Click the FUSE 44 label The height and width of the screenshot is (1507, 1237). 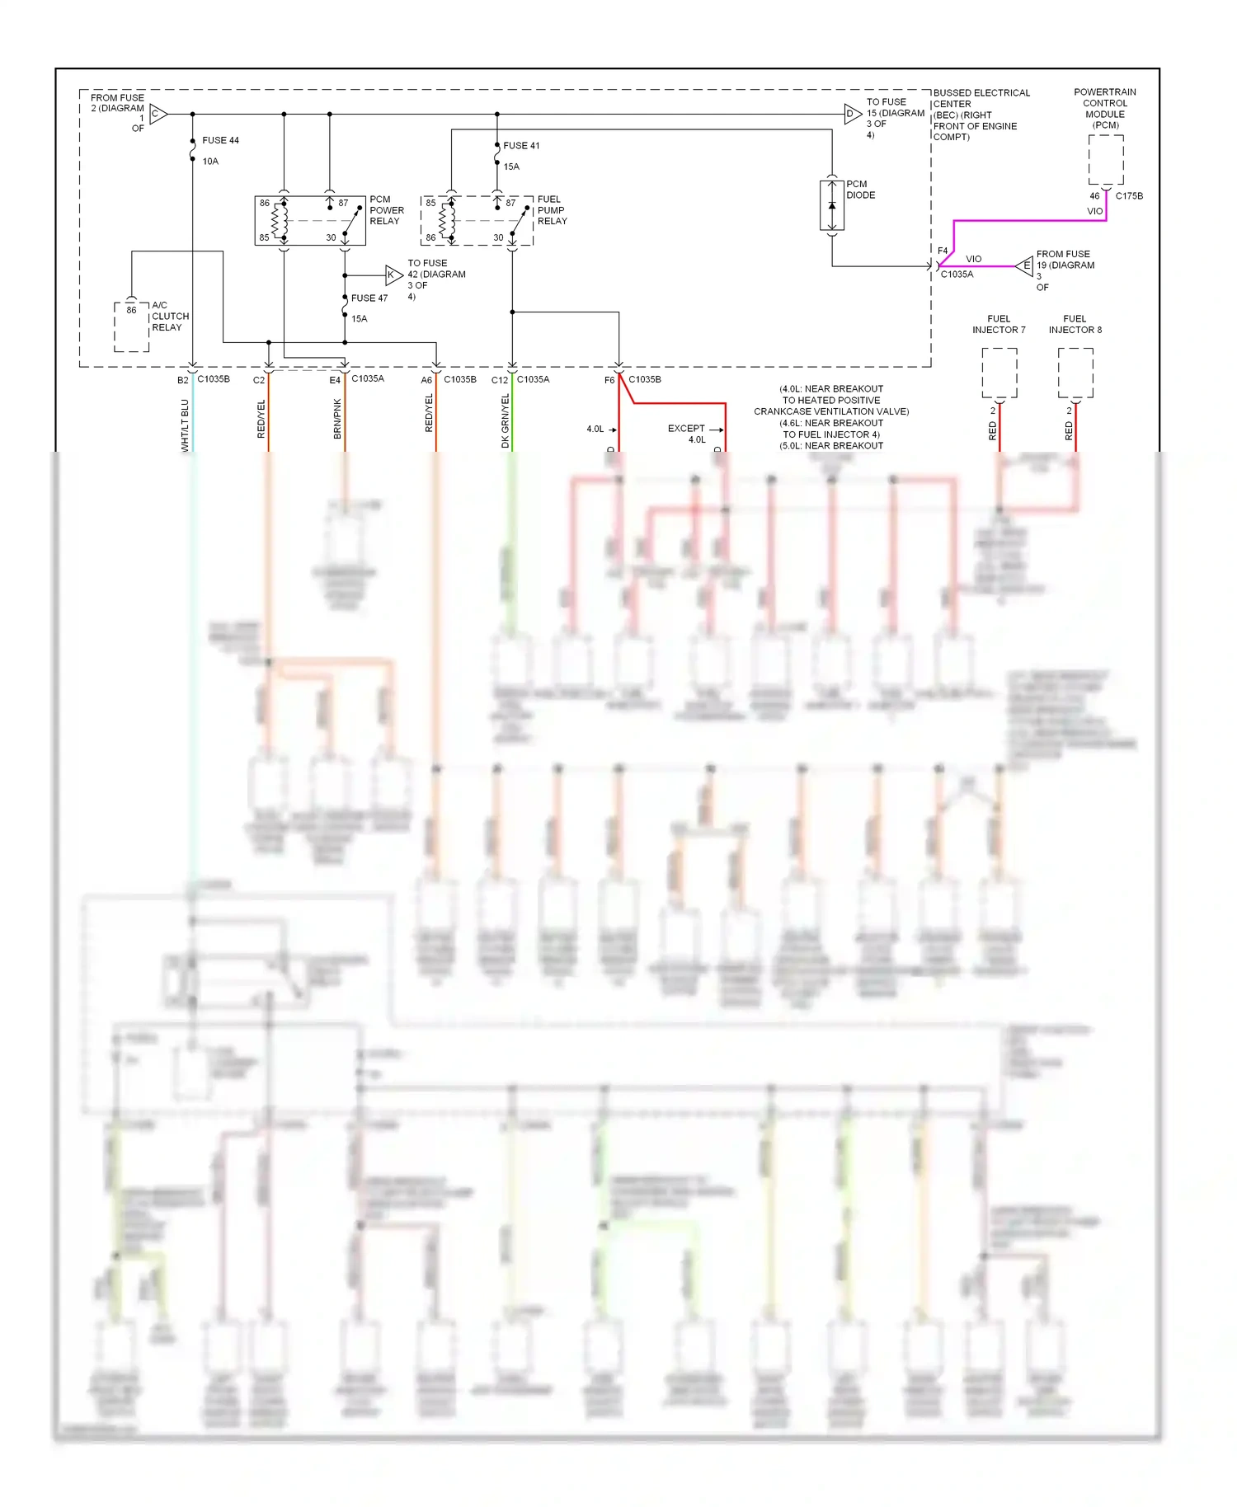click(x=220, y=140)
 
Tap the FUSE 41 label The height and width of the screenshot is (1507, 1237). click(x=521, y=146)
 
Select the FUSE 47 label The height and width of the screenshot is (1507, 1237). click(x=369, y=298)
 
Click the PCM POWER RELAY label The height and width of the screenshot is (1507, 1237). click(x=386, y=210)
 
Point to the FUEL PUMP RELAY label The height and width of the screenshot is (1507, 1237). click(x=552, y=210)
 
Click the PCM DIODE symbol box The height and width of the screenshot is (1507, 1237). click(x=831, y=205)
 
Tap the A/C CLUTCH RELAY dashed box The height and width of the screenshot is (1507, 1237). click(x=131, y=327)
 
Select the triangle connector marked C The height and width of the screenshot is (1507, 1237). click(x=158, y=114)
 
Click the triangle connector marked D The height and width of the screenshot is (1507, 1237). click(x=852, y=114)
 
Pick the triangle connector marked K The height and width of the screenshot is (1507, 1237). click(x=393, y=275)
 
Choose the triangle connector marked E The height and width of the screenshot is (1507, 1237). click(x=1024, y=265)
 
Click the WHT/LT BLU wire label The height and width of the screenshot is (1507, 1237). click(x=185, y=425)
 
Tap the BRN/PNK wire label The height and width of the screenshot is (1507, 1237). click(x=337, y=419)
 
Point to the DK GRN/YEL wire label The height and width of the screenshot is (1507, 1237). click(x=506, y=420)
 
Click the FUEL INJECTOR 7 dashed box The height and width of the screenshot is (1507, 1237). click(x=999, y=373)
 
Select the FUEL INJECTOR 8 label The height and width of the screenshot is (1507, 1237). click(x=1075, y=324)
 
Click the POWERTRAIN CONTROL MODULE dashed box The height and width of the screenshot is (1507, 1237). click(x=1105, y=160)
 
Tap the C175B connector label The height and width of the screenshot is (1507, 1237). click(x=1129, y=196)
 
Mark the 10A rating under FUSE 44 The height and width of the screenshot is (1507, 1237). click(x=210, y=162)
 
